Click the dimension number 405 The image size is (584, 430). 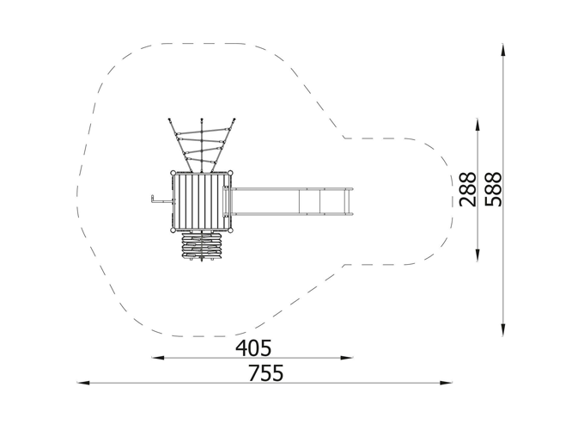(x=253, y=348)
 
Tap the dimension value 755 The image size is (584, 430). (x=266, y=372)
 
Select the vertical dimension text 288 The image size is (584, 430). (x=468, y=189)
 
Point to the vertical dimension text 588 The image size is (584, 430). (x=494, y=189)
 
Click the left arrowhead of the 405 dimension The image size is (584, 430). (x=157, y=358)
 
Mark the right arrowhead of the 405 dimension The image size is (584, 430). (x=346, y=358)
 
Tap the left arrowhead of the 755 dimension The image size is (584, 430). (x=83, y=383)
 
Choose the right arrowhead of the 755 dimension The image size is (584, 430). (x=446, y=383)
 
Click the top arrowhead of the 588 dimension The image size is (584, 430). (x=503, y=50)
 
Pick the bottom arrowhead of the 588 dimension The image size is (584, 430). (x=503, y=329)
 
